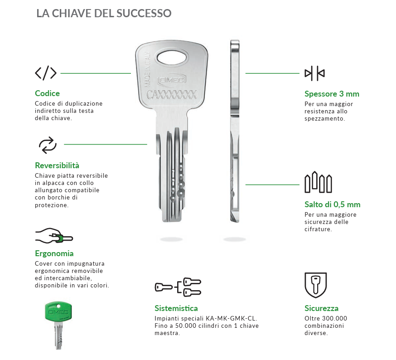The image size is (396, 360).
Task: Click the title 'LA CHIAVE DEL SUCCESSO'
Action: point(104,13)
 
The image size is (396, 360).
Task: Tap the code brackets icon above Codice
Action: point(46,73)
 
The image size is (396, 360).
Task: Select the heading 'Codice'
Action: point(47,93)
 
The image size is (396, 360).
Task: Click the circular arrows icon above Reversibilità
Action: point(48,145)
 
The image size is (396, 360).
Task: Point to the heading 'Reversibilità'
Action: point(57,165)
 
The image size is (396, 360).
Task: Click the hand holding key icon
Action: point(54,236)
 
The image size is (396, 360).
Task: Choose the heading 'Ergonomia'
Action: point(54,253)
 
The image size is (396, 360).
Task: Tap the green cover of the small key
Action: point(58,313)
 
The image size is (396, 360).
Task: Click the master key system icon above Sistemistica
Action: point(178,287)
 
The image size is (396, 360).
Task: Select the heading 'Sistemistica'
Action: point(176,308)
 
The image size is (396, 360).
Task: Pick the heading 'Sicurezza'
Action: point(321,308)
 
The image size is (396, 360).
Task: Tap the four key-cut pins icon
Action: point(318,183)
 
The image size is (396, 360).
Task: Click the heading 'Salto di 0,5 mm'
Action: point(332,204)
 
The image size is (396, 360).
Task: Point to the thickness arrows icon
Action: point(315,73)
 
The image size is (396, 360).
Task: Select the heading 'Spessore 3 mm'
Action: point(332,94)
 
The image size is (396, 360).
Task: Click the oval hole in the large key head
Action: point(172,58)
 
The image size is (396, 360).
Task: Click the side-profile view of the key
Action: point(234,131)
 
